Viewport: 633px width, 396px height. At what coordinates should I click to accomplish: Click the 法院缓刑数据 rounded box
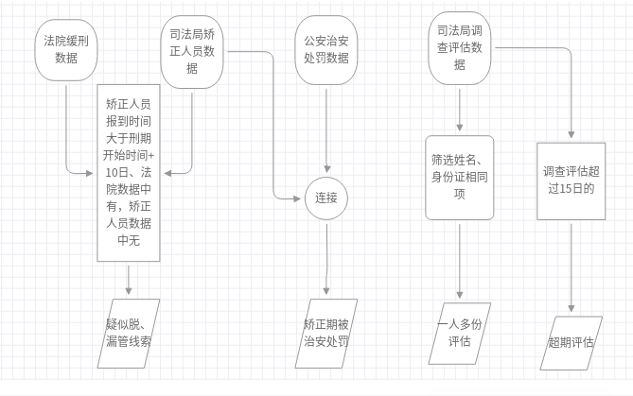66,50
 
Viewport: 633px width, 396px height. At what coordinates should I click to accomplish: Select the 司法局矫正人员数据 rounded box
193,49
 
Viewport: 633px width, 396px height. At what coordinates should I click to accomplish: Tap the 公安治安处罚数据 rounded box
326,49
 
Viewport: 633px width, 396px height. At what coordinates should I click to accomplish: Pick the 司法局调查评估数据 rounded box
460,48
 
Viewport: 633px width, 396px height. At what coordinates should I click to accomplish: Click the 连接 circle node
326,198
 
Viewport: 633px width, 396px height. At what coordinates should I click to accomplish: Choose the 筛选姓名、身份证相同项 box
461,177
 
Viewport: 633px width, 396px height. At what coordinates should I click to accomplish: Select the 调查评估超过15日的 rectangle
571,181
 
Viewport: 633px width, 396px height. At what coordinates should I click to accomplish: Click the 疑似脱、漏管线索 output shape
129,333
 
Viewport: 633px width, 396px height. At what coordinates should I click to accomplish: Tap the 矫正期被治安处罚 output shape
326,333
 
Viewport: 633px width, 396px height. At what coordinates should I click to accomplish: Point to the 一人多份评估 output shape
461,333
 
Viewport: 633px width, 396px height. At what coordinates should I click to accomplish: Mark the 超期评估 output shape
571,341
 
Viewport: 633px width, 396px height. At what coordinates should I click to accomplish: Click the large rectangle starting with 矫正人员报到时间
129,173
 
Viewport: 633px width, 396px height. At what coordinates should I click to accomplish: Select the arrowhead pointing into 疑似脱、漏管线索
129,293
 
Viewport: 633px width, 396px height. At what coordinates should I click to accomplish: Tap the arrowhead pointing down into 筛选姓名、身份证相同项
461,129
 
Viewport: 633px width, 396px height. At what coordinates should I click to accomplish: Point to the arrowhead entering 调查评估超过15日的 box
571,137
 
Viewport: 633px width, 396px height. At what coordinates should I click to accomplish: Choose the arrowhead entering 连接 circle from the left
300,198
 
